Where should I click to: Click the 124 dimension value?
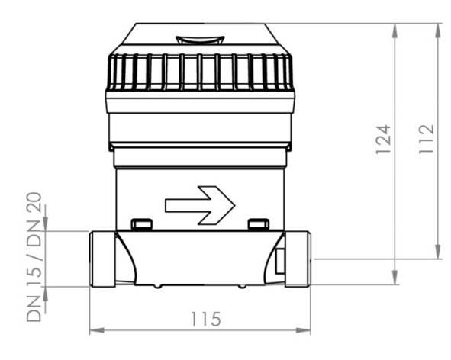pos(383,140)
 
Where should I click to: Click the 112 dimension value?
pos(427,139)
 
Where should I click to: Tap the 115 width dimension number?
pos(206,319)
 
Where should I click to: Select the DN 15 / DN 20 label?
pos(34,257)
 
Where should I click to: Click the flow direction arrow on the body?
pos(200,205)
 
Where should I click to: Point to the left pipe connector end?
pos(103,259)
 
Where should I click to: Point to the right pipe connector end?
pos(298,259)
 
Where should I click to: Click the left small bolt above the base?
pos(141,224)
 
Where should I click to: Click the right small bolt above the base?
pos(259,224)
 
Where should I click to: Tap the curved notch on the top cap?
pos(200,40)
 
